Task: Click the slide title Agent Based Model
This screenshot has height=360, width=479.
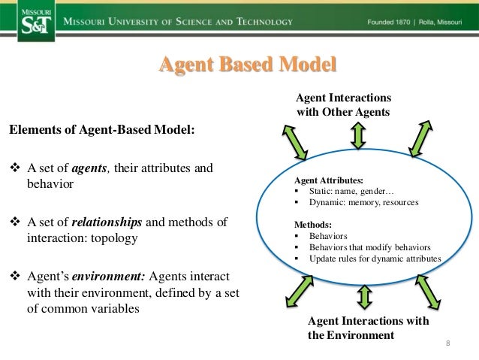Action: (247, 65)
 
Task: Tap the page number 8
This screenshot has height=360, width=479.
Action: (447, 344)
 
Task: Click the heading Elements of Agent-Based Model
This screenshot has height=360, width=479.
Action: (101, 129)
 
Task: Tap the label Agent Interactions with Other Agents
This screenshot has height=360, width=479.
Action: (343, 105)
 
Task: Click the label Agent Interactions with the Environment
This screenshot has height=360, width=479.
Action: (368, 328)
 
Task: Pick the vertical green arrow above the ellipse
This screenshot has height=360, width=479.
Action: (358, 135)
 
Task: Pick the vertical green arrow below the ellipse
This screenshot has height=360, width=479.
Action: (365, 296)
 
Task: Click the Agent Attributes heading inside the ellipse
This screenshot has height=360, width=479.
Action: (329, 181)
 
